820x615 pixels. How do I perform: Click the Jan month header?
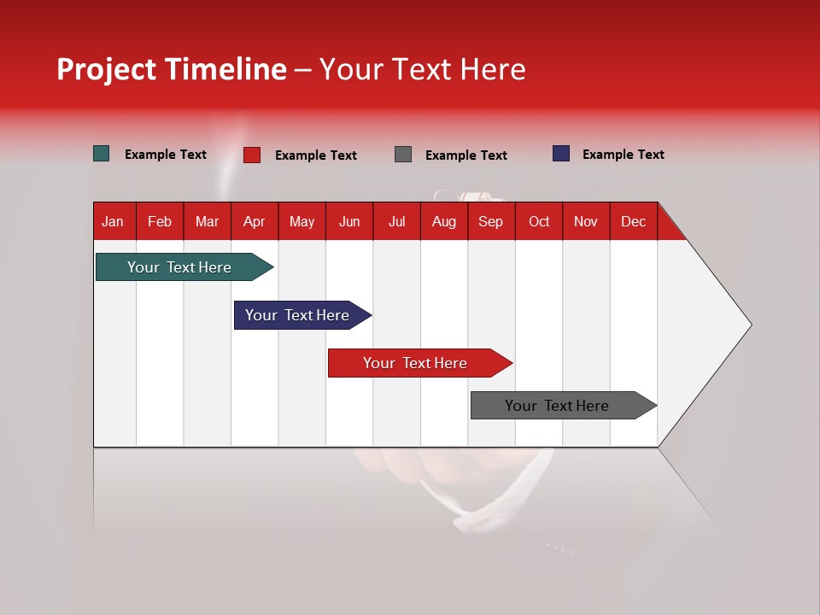pyautogui.click(x=113, y=221)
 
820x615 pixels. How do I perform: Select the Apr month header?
pyautogui.click(x=254, y=221)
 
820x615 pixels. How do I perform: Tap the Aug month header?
pyautogui.click(x=443, y=221)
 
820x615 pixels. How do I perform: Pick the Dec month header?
pyautogui.click(x=633, y=221)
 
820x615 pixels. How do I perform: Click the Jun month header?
pyautogui.click(x=349, y=221)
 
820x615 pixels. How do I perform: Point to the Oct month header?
pyautogui.click(x=539, y=221)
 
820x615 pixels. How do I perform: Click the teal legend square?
pyautogui.click(x=101, y=154)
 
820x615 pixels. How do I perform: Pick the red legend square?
pyautogui.click(x=252, y=155)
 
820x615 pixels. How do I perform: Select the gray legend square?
pyautogui.click(x=403, y=155)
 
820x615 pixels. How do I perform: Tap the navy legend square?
pyautogui.click(x=561, y=154)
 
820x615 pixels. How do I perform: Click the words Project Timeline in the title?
pyautogui.click(x=171, y=69)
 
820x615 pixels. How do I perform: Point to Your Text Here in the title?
pyautogui.click(x=422, y=69)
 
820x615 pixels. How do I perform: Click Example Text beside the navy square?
pyautogui.click(x=623, y=155)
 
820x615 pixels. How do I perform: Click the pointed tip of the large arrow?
pyautogui.click(x=749, y=325)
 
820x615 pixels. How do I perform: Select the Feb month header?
pyautogui.click(x=160, y=221)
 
